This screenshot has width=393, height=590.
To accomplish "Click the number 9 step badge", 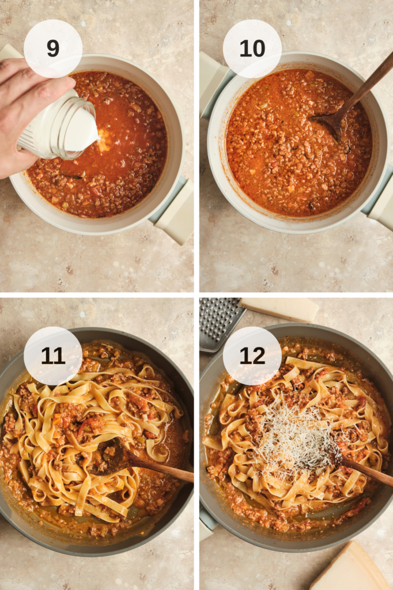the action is click(x=52, y=48).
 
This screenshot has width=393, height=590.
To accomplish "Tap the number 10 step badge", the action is click(x=252, y=48).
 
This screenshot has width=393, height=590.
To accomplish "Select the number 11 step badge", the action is click(x=52, y=355).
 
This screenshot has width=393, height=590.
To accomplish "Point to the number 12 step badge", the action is click(x=252, y=355).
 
